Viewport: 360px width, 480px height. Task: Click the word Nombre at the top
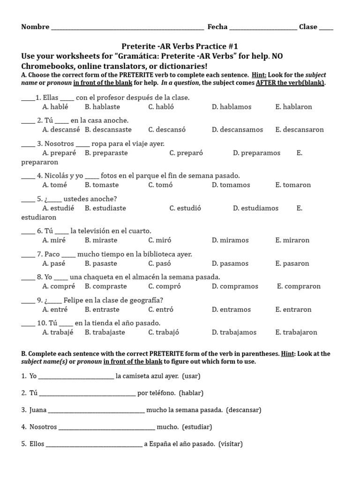tap(35, 27)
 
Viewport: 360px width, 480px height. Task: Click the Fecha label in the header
tap(217, 27)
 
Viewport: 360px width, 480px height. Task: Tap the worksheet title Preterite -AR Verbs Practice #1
tap(180, 46)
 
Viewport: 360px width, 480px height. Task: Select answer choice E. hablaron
tap(293, 107)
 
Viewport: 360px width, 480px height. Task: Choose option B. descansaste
tap(108, 130)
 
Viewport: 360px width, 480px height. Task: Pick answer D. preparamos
tap(256, 153)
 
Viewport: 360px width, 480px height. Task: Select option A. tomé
tap(55, 185)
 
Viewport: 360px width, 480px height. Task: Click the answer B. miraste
tap(101, 240)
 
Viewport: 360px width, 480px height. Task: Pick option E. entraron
tap(293, 309)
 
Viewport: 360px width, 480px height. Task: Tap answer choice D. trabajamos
tap(234, 332)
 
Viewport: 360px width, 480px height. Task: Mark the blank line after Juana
tap(96, 411)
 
